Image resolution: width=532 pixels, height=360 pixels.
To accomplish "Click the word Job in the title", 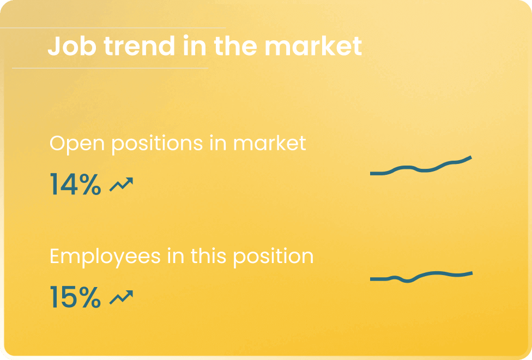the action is [72, 46].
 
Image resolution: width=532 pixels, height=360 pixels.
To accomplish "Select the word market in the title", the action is [313, 46].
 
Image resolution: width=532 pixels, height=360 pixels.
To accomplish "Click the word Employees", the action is [105, 257].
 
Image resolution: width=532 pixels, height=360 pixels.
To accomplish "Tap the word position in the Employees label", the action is [274, 257].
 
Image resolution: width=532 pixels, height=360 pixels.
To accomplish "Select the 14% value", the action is [76, 184].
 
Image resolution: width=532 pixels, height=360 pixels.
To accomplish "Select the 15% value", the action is [76, 297].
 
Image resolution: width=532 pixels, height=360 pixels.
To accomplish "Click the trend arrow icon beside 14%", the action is [122, 184].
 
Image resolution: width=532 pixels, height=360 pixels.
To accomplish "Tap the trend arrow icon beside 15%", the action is [122, 297].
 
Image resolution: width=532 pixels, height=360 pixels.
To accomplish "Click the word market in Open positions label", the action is [270, 143].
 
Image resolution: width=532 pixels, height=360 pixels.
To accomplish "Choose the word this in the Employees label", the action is [208, 257].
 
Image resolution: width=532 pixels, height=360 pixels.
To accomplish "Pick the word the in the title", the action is [235, 46].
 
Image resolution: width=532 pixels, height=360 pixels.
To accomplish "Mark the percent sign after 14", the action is [90, 184].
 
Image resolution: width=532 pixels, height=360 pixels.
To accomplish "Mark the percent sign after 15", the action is [90, 297].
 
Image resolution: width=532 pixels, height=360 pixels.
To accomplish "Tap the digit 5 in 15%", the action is [69, 297].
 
